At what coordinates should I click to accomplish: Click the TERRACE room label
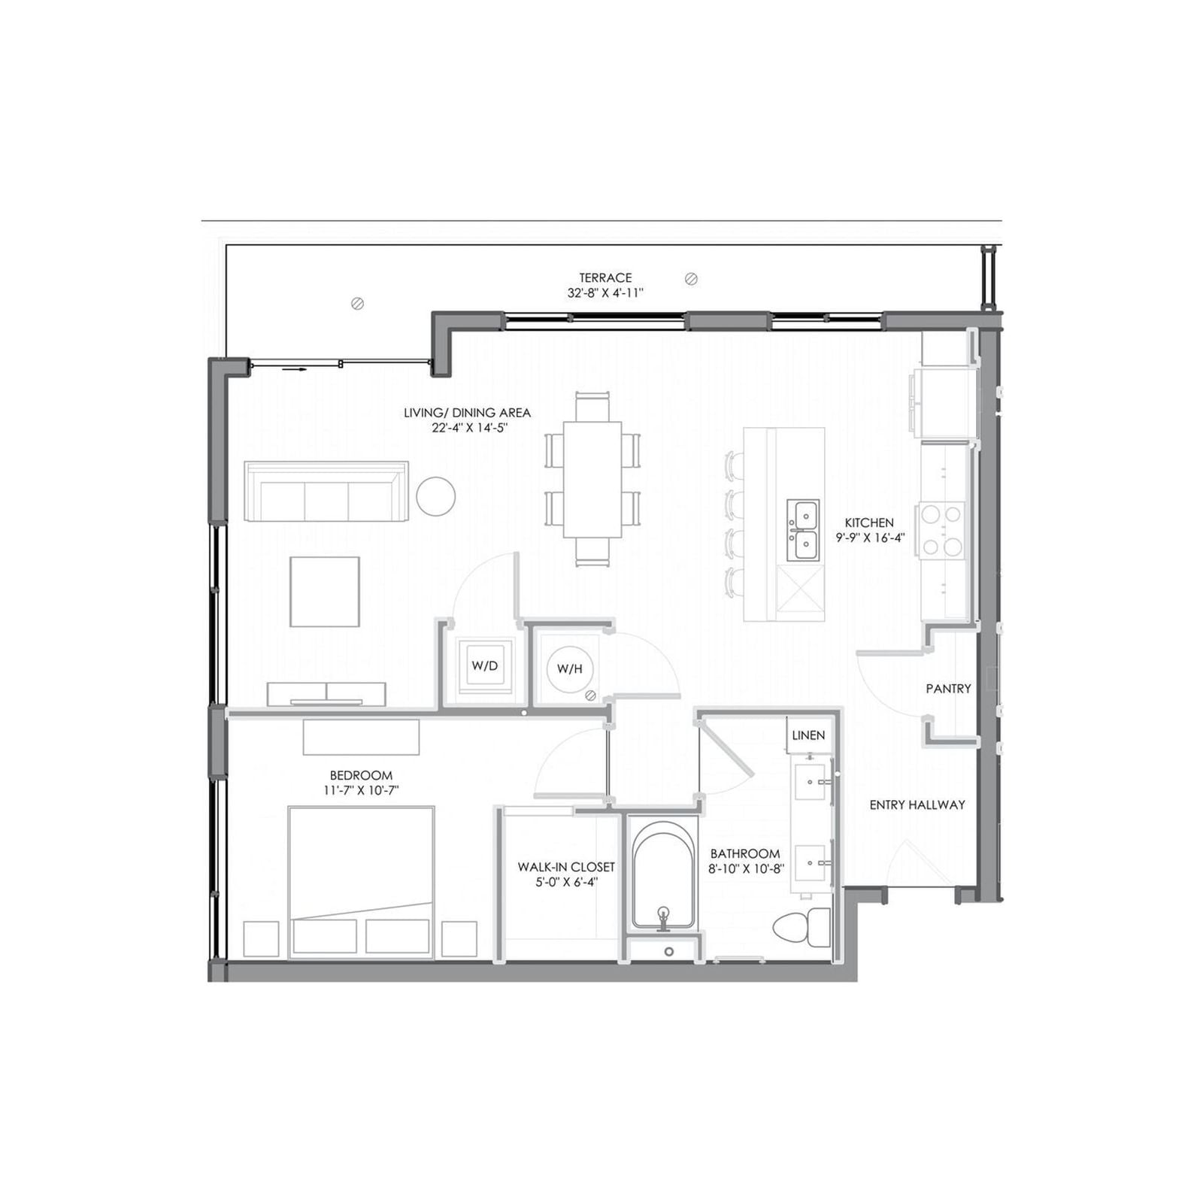tap(605, 277)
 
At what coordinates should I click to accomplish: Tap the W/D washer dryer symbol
tap(485, 665)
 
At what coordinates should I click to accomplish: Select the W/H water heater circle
tap(569, 668)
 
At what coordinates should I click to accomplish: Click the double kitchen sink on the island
tap(803, 530)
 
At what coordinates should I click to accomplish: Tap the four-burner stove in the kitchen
tap(942, 530)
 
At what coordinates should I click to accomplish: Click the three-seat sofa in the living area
tap(326, 491)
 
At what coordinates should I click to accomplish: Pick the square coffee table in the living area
tap(325, 592)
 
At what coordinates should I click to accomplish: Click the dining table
tap(593, 479)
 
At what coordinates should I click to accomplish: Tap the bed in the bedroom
tap(361, 883)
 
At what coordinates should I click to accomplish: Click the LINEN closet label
tap(808, 735)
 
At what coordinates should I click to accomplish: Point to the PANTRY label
tap(949, 688)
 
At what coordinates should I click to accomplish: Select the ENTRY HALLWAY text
tap(917, 805)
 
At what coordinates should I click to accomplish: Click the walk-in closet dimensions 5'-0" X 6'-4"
tap(566, 882)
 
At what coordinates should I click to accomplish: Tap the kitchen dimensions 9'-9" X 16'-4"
tap(870, 538)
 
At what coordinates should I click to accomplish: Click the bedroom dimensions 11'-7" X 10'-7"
tap(361, 790)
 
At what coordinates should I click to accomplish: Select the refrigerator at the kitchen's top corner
tap(944, 403)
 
